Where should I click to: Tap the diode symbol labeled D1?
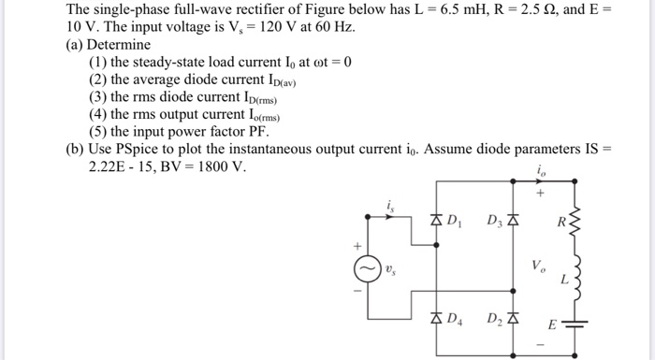click(437, 221)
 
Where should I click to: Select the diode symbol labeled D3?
click(512, 221)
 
